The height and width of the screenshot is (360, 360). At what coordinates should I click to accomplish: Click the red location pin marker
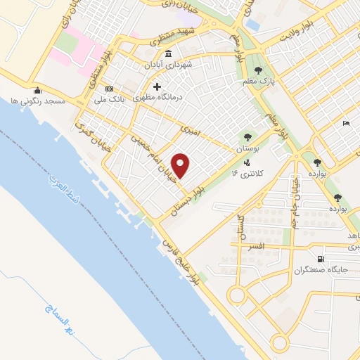tap(181, 166)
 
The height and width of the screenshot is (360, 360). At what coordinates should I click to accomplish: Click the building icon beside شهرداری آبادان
tap(167, 54)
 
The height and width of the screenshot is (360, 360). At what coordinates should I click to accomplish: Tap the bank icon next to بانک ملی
tap(109, 89)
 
